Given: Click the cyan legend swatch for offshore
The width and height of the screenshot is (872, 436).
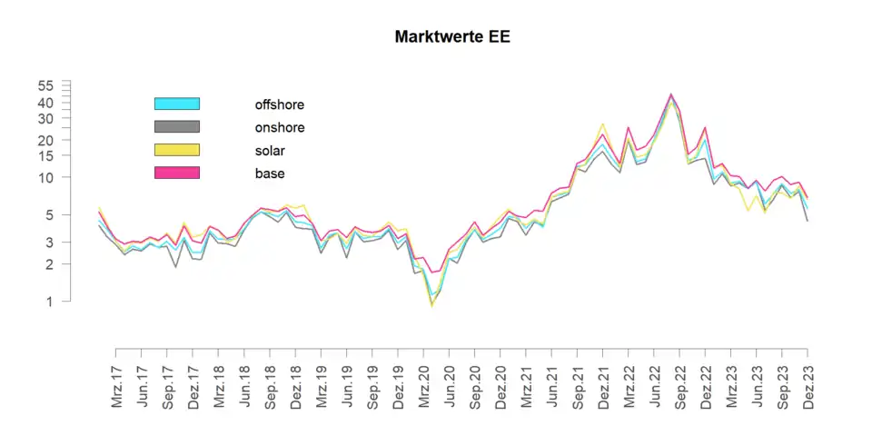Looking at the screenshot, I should [176, 104].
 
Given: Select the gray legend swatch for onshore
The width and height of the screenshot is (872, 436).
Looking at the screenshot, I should [176, 127].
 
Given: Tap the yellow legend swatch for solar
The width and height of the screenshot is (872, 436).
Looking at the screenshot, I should [176, 150].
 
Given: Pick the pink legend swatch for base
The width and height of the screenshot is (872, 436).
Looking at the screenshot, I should [176, 173].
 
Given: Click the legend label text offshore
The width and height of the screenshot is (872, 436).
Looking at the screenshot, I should [280, 104].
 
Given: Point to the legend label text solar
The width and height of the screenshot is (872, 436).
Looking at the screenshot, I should [271, 150].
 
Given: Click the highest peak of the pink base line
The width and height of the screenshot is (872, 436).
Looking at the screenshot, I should [670, 94].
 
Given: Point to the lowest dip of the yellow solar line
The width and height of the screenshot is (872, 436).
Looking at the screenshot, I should [431, 306].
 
